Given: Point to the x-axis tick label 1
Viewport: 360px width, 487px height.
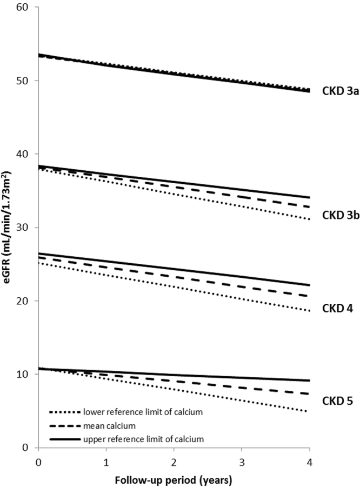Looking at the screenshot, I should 106,458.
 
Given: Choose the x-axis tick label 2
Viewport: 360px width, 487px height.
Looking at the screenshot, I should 174,458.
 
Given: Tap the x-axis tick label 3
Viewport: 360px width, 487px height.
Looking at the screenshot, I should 242,458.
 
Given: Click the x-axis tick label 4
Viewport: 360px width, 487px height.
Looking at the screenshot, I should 309,458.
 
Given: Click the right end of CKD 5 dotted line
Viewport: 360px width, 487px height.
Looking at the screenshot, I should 309,411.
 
